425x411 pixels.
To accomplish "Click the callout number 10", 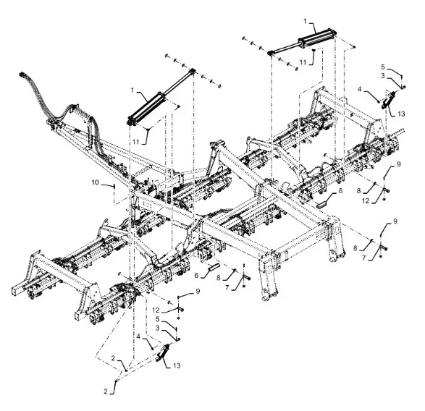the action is (x=95, y=182).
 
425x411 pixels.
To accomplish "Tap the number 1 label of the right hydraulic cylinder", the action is (x=305, y=21).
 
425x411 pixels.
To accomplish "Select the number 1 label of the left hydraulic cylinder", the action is (x=132, y=90).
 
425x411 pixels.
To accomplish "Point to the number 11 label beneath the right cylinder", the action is (x=303, y=62).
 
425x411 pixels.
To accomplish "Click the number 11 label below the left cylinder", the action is (x=136, y=142).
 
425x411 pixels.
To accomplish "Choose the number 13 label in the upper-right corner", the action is (x=401, y=114).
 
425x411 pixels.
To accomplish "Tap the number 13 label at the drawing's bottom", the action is (x=177, y=365).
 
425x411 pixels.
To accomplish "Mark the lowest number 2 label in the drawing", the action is (x=106, y=391).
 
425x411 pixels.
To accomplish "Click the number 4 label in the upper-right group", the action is (x=360, y=89).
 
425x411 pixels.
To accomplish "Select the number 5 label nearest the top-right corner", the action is (x=383, y=67).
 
